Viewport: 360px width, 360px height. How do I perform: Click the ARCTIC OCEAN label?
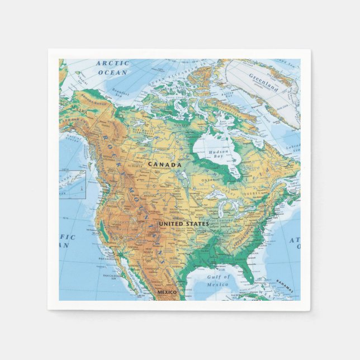113,68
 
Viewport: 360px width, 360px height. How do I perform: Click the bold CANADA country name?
164,164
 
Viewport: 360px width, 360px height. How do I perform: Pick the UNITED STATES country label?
183,224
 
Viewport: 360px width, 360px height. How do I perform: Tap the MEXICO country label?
167,292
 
